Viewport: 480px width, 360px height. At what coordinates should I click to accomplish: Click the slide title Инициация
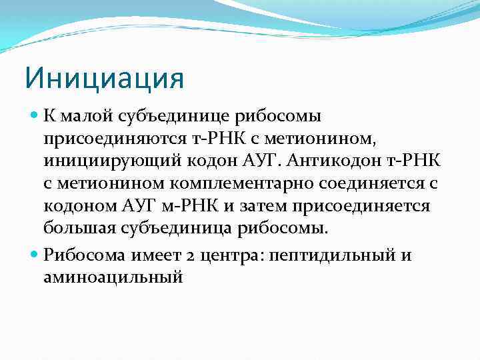coord(104,77)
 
